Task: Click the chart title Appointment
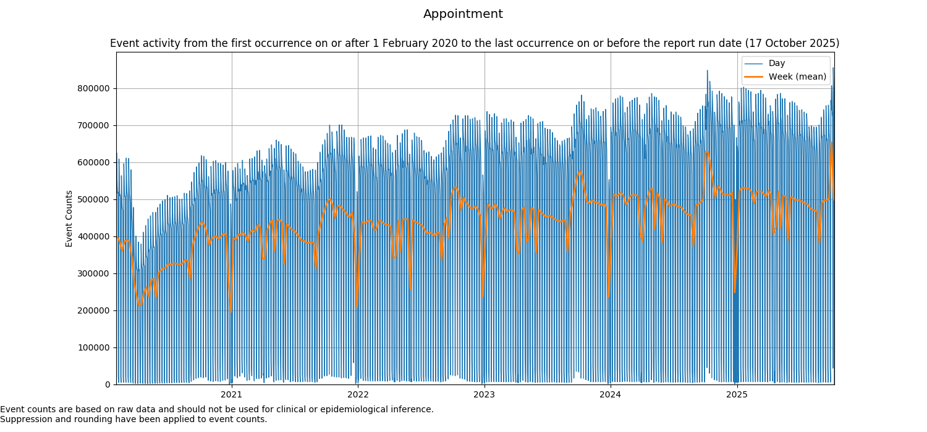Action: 463,14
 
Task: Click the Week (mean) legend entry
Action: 797,77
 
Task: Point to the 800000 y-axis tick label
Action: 94,88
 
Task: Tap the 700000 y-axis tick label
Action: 94,125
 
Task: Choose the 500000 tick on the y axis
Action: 94,199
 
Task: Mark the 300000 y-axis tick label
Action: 94,273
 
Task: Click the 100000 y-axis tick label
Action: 94,347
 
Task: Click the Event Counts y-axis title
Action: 69,218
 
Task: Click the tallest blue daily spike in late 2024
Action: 707,71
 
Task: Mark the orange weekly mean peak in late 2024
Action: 706,151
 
